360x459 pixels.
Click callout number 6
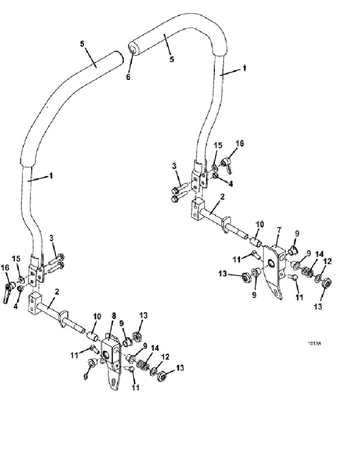pyautogui.click(x=128, y=77)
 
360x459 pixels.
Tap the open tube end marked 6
pyautogui.click(x=133, y=47)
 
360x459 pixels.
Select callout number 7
pyautogui.click(x=279, y=230)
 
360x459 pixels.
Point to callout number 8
pyautogui.click(x=113, y=316)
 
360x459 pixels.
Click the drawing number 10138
pyautogui.click(x=314, y=344)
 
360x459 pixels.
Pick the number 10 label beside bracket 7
pyautogui.click(x=260, y=225)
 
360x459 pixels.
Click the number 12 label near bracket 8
pyautogui.click(x=165, y=357)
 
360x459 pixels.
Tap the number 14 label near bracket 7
pyautogui.click(x=319, y=254)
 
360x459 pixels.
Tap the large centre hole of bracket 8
pyautogui.click(x=106, y=355)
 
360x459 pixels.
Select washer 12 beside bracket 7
pyautogui.click(x=318, y=277)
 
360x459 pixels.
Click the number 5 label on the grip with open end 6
pyautogui.click(x=172, y=59)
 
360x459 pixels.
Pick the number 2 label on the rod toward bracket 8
pyautogui.click(x=57, y=292)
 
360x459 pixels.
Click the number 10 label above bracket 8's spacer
pyautogui.click(x=97, y=316)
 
